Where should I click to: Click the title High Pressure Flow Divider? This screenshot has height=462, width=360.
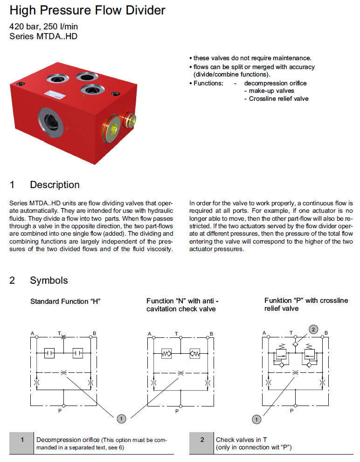click(87, 10)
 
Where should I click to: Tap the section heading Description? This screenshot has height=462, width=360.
click(55, 185)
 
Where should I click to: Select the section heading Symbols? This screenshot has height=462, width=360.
click(48, 280)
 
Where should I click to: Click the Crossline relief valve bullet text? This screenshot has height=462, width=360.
click(278, 98)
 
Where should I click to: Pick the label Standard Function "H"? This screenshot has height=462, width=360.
click(65, 301)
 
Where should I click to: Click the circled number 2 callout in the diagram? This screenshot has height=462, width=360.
click(314, 329)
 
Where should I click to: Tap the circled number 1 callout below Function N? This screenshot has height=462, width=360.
click(121, 419)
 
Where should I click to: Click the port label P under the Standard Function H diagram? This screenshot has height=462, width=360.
click(63, 411)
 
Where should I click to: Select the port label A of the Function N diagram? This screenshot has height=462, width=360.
click(150, 333)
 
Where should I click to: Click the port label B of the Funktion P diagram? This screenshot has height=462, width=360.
click(326, 333)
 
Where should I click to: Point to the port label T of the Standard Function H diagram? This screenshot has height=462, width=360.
click(59, 333)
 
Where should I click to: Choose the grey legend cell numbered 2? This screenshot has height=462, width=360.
click(202, 443)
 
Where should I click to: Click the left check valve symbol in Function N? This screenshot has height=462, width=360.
click(166, 353)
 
